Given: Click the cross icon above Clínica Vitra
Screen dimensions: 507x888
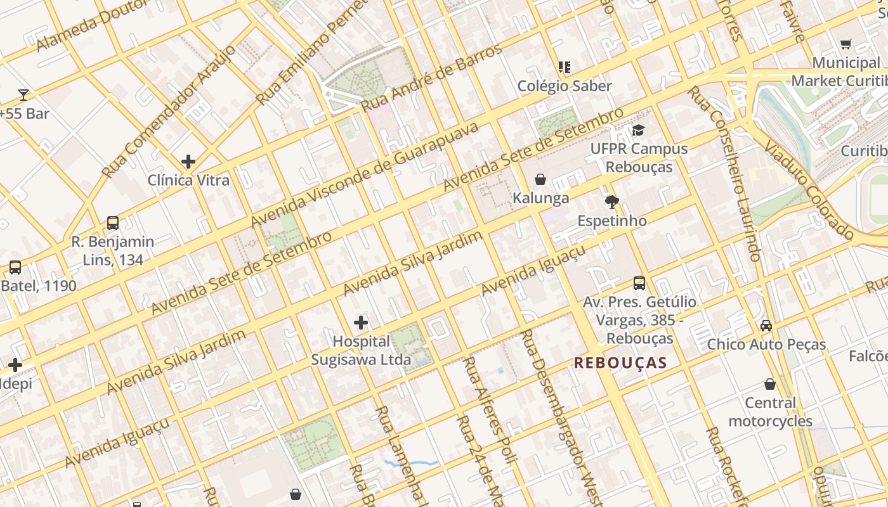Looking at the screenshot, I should click(188, 162).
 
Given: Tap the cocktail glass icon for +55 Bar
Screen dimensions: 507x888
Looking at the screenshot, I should click(23, 95).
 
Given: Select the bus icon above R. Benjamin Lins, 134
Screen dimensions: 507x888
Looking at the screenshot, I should click(113, 223).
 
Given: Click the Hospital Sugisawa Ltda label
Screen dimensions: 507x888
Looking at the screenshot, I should click(361, 350).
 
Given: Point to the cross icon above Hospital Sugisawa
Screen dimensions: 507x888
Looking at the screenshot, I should click(361, 323).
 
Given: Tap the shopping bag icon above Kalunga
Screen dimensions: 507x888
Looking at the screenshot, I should click(540, 179).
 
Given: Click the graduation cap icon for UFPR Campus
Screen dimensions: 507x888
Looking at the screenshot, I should click(638, 130).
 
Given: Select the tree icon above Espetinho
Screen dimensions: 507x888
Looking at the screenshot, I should click(612, 202).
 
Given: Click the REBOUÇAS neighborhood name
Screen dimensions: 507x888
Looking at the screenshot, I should click(620, 363).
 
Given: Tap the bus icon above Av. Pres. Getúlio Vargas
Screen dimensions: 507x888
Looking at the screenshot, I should click(639, 283).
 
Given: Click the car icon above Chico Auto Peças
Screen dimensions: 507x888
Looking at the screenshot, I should click(766, 326).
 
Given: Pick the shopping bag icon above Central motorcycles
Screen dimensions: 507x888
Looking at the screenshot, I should click(770, 384).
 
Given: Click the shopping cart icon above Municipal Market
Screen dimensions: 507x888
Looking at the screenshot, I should click(846, 44).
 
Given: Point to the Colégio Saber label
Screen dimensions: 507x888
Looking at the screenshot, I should click(565, 86).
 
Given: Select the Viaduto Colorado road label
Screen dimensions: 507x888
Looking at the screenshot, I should click(809, 189).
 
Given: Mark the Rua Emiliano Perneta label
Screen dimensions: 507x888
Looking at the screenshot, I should click(311, 51).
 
